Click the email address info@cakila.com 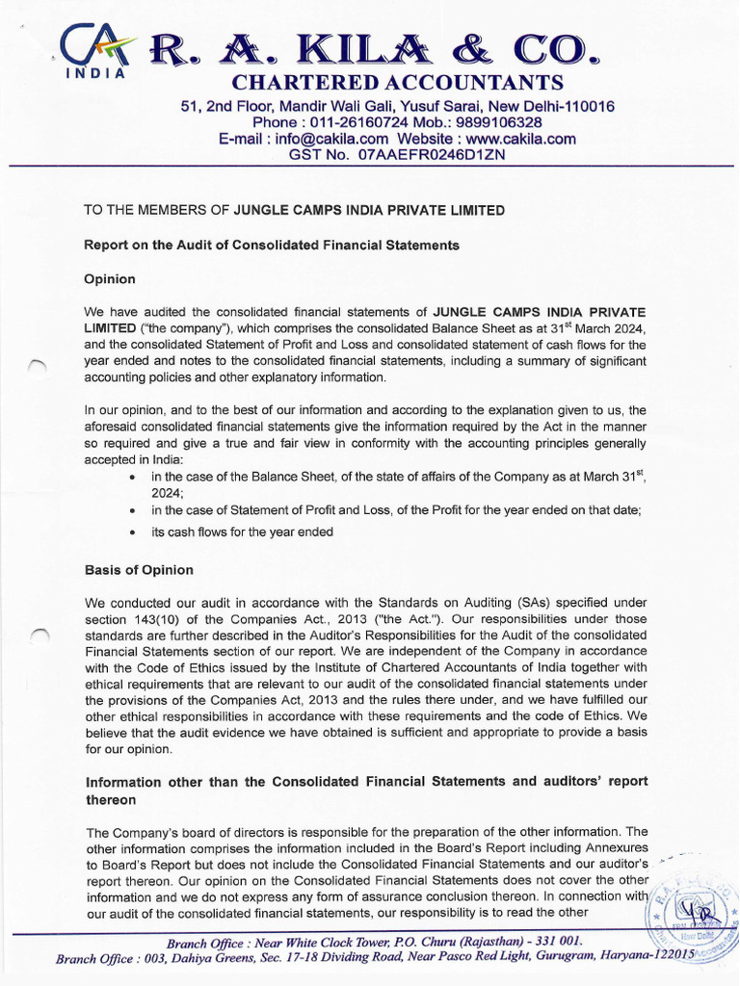[x=331, y=139]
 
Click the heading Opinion [x=110, y=279]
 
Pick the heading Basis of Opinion [x=139, y=570]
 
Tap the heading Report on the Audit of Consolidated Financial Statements [x=272, y=246]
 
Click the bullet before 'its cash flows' [x=131, y=532]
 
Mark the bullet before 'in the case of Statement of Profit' [x=131, y=509]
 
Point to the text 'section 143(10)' [x=129, y=619]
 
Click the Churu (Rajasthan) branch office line [x=374, y=941]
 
